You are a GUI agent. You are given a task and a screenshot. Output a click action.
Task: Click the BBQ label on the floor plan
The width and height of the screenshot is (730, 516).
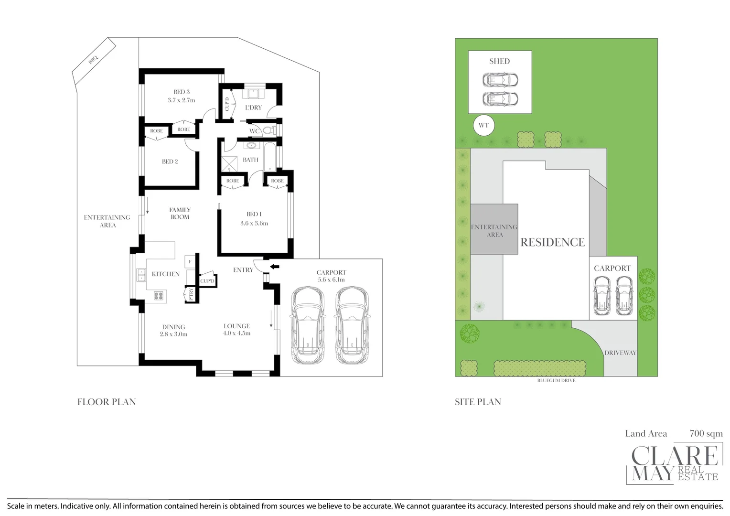(x=93, y=59)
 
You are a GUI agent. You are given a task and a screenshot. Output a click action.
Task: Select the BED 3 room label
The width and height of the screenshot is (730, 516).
(x=182, y=92)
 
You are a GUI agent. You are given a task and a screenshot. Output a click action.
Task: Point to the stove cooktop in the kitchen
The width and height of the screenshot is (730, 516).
(x=159, y=296)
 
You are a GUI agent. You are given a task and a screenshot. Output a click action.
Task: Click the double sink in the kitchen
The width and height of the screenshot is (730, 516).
(x=141, y=275)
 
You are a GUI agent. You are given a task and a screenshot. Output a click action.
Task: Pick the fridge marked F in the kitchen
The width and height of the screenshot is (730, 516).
(x=190, y=262)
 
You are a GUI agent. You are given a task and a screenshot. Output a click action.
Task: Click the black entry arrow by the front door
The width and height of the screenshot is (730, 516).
(x=275, y=267)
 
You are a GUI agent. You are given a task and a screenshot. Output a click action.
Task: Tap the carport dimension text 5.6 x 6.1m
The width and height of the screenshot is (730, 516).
(x=331, y=280)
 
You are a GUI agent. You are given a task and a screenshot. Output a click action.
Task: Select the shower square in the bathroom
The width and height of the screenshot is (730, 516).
(x=229, y=164)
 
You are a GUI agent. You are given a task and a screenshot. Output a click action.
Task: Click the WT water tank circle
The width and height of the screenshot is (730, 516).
(x=483, y=126)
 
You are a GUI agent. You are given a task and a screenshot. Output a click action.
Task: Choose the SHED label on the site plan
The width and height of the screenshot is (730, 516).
(x=499, y=61)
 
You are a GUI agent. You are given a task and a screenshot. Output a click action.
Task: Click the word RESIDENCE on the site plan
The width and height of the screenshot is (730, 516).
(x=552, y=243)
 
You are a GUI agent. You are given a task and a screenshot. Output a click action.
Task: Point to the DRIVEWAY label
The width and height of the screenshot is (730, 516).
(x=620, y=353)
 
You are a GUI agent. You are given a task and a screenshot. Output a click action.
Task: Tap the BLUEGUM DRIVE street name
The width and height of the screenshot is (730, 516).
(x=556, y=381)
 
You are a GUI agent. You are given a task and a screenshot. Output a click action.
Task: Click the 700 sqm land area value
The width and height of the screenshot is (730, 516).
(x=706, y=434)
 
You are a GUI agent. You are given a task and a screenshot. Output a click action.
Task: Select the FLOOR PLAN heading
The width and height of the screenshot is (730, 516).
(x=107, y=402)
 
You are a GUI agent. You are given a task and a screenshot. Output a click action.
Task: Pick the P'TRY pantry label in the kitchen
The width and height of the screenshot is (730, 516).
(x=191, y=294)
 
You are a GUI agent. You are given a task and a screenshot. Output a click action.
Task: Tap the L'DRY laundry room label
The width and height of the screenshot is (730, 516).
(x=253, y=107)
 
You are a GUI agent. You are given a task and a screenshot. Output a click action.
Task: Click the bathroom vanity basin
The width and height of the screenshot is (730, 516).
(x=251, y=145)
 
